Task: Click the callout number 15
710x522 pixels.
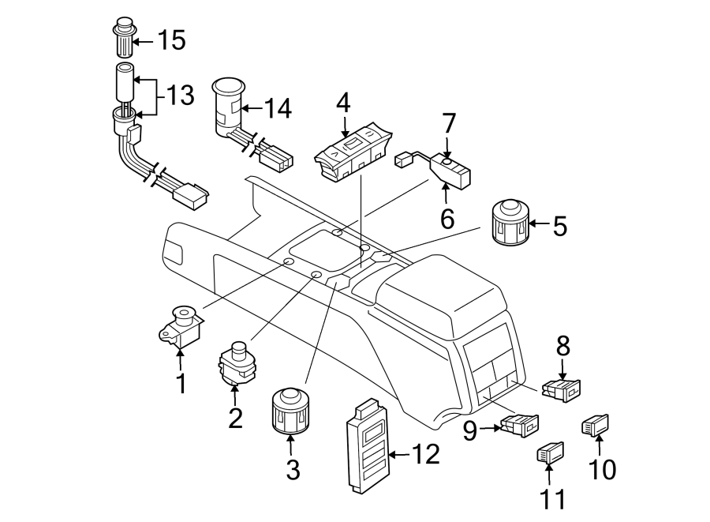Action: pos(171,39)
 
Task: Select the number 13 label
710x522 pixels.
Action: pos(179,96)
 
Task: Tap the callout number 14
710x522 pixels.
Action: pos(277,108)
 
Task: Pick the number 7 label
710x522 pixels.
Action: pos(449,123)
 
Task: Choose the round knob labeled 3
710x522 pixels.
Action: pos(290,411)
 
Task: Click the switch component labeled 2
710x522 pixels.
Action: pos(236,362)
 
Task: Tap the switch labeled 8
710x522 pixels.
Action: pos(561,388)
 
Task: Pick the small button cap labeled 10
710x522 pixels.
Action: pos(596,426)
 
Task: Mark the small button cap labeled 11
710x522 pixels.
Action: pos(548,453)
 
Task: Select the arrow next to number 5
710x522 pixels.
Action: pos(539,224)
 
